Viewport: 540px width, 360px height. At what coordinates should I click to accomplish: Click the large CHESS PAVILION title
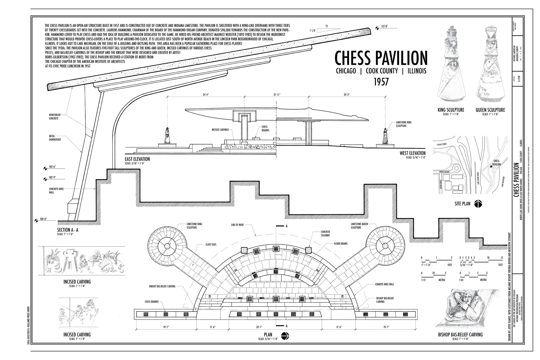click(381, 58)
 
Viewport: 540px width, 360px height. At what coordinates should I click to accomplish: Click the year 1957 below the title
click(381, 81)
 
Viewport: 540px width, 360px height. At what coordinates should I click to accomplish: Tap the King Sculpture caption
click(451, 110)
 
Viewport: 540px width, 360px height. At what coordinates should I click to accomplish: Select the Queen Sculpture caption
click(490, 110)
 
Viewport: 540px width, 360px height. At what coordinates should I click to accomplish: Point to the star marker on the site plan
click(491, 167)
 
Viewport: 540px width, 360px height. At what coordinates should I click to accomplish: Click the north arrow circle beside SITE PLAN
click(478, 204)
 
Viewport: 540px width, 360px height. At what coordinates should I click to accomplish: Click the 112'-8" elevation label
click(386, 26)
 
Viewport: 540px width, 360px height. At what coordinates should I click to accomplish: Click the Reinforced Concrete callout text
click(55, 117)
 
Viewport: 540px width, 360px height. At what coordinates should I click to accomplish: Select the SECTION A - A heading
click(67, 230)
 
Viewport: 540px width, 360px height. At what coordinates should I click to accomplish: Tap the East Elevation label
click(137, 159)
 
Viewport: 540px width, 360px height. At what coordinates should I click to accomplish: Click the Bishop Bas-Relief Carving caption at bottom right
click(460, 335)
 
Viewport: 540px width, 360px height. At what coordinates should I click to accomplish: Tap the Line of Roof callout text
click(237, 225)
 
